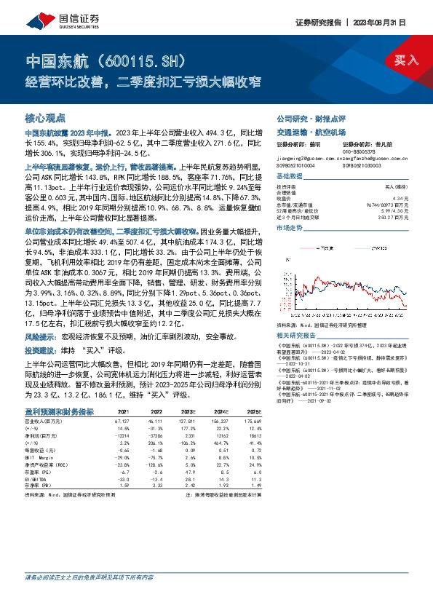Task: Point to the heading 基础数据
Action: [290, 177]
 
